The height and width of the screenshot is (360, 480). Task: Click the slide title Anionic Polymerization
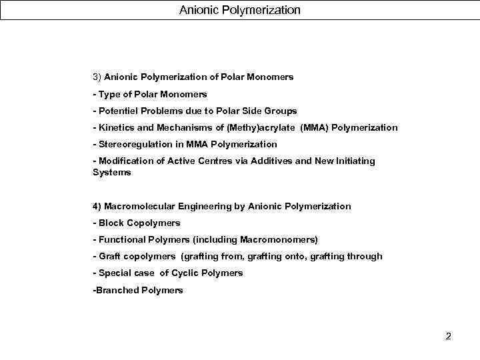[x=239, y=10]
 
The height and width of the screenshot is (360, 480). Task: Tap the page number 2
[x=449, y=336]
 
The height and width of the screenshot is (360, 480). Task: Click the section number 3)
[x=97, y=77]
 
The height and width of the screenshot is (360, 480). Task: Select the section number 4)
[x=97, y=206]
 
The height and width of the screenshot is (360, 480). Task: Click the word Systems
[x=112, y=172]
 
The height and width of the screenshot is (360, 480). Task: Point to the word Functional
[x=120, y=239]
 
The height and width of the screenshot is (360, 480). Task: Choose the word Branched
[x=115, y=290]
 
